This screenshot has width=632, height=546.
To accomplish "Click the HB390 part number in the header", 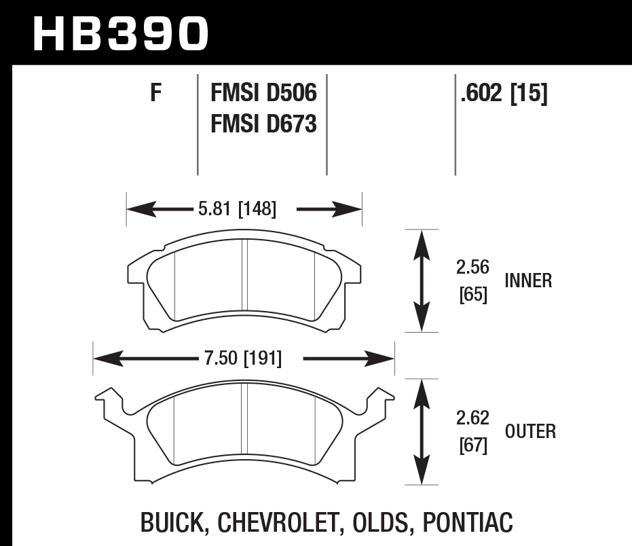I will pyautogui.click(x=121, y=33).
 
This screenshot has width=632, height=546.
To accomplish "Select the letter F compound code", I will pyautogui.click(x=156, y=93).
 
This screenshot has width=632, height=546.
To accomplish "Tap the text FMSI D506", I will pyautogui.click(x=264, y=93).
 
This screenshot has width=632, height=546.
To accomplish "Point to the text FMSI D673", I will pyautogui.click(x=264, y=124).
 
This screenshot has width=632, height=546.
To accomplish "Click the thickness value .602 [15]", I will pyautogui.click(x=503, y=93).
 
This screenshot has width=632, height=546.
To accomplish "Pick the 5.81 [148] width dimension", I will pyautogui.click(x=237, y=210).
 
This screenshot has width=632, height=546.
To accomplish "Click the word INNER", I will pyautogui.click(x=528, y=280).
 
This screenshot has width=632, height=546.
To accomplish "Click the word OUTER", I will pyautogui.click(x=530, y=431).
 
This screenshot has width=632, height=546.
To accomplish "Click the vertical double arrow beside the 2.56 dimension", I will pyautogui.click(x=422, y=280).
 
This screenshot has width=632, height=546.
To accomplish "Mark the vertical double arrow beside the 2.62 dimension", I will pyautogui.click(x=422, y=431).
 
